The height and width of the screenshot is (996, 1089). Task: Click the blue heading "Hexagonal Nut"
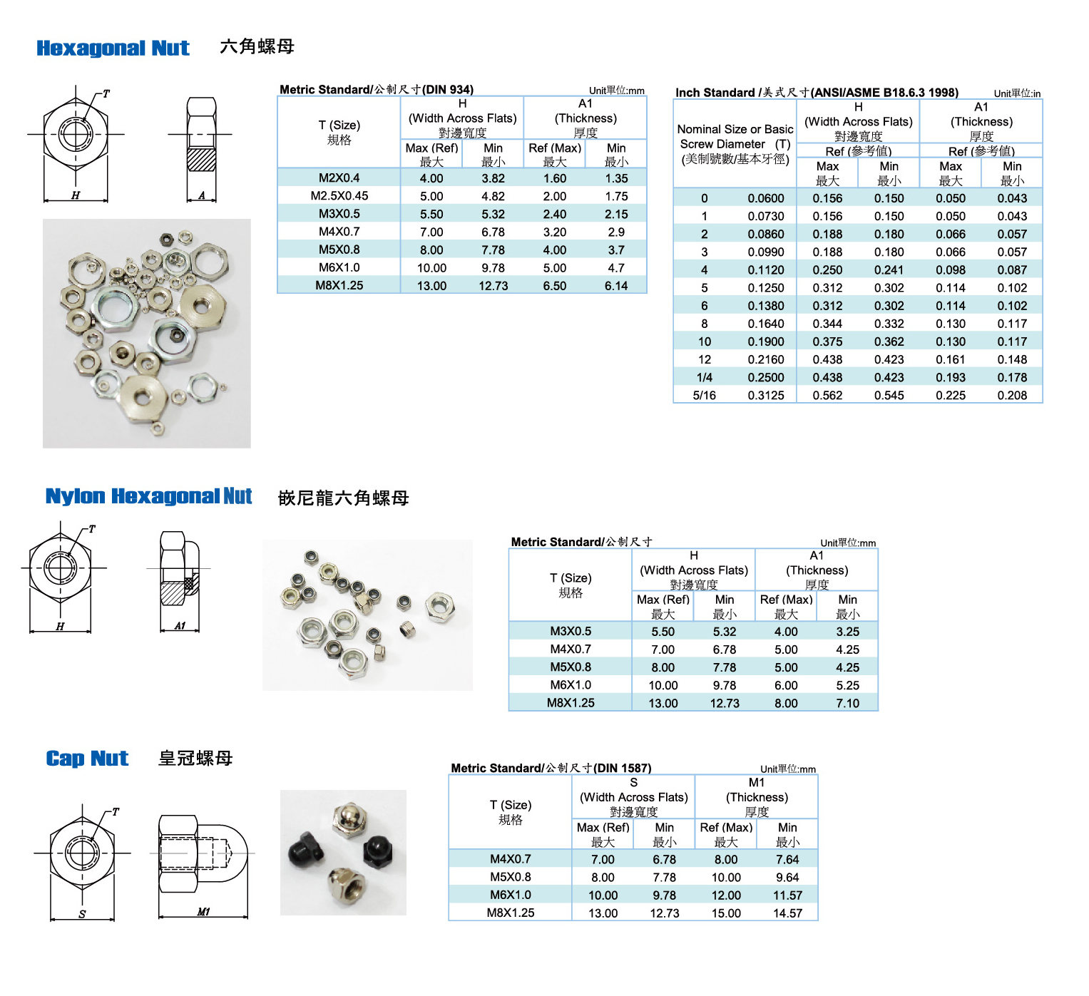point(113,48)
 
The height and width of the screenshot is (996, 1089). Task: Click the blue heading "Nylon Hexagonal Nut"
point(148,496)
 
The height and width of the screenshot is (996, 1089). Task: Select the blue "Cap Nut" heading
point(87,759)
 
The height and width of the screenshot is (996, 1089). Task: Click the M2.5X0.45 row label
point(339,196)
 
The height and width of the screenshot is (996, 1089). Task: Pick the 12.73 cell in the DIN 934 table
point(493,286)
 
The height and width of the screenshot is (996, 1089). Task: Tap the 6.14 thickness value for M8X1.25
point(616,286)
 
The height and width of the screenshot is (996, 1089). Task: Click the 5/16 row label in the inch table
point(704,396)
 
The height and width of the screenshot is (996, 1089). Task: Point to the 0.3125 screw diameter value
point(766,396)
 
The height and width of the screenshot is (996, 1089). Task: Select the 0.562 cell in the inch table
point(827,396)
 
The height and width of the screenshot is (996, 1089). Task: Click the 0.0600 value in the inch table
point(766,199)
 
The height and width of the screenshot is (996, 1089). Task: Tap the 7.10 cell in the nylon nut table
point(848,704)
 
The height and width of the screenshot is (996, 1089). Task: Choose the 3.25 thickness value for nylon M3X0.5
point(848,632)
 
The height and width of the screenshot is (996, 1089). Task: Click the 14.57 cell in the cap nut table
point(787,913)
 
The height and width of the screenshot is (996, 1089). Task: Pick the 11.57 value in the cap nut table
point(787,895)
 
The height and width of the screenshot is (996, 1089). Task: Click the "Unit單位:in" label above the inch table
point(1017,93)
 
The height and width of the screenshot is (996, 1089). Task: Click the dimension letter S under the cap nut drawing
point(82,914)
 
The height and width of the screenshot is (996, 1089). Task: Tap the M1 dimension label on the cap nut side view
point(204,912)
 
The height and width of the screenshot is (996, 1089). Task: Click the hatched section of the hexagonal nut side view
point(201,159)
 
